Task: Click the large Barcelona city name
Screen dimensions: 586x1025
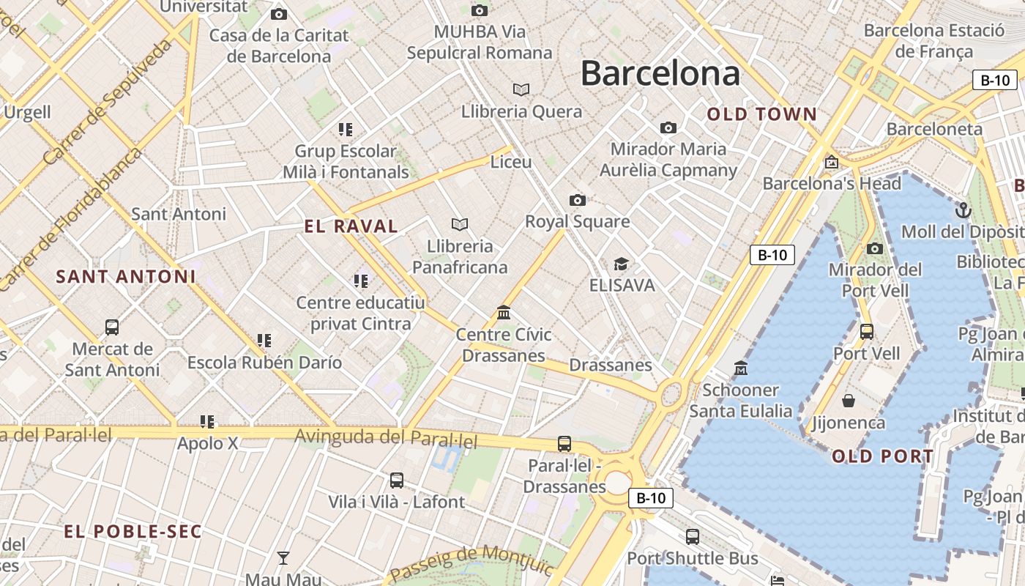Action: tap(660, 74)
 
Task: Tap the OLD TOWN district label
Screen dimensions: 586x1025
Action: tap(761, 114)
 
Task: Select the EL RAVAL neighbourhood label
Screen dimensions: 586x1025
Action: tap(351, 226)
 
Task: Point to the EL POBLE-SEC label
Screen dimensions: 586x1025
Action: tap(133, 532)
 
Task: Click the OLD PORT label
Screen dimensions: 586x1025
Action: tap(882, 456)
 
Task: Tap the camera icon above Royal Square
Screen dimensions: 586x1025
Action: tap(578, 200)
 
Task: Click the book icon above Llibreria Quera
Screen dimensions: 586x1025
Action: tap(521, 89)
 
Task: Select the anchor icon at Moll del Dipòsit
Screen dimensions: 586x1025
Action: tap(963, 211)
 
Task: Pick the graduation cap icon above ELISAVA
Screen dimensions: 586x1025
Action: tap(622, 264)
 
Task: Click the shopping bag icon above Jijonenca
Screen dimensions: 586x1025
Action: tap(849, 401)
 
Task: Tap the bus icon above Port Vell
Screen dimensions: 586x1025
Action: tap(867, 332)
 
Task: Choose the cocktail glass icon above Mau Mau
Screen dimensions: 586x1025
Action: tap(283, 558)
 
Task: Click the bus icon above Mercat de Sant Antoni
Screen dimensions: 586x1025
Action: tap(112, 327)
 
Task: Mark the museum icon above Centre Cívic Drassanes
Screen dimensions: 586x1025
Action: tap(504, 313)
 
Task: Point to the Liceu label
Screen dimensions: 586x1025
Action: tap(511, 162)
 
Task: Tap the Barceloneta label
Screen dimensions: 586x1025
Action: tap(934, 129)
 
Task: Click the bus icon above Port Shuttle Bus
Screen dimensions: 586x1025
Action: tap(693, 537)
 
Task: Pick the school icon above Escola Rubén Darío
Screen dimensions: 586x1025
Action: tap(264, 341)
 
